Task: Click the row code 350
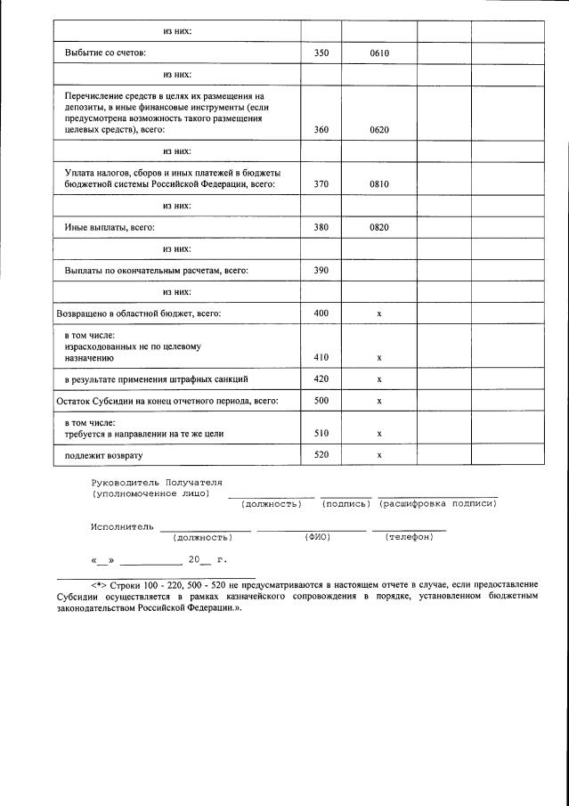pyautogui.click(x=321, y=53)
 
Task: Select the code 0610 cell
pyautogui.click(x=379, y=53)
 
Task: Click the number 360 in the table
pyautogui.click(x=321, y=130)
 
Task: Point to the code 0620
pyautogui.click(x=379, y=130)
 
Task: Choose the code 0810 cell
pyautogui.click(x=379, y=184)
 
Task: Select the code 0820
pyautogui.click(x=379, y=227)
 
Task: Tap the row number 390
pyautogui.click(x=321, y=270)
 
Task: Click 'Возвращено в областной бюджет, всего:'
pyautogui.click(x=138, y=313)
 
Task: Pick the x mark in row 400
pyautogui.click(x=379, y=313)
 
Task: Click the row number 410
pyautogui.click(x=321, y=357)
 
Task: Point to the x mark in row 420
pyautogui.click(x=379, y=379)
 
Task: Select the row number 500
pyautogui.click(x=321, y=401)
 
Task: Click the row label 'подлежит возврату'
pyautogui.click(x=103, y=455)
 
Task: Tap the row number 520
pyautogui.click(x=321, y=455)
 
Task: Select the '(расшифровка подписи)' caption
pyautogui.click(x=437, y=504)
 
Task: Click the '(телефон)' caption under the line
pyautogui.click(x=410, y=537)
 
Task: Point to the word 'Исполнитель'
pyautogui.click(x=122, y=526)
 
